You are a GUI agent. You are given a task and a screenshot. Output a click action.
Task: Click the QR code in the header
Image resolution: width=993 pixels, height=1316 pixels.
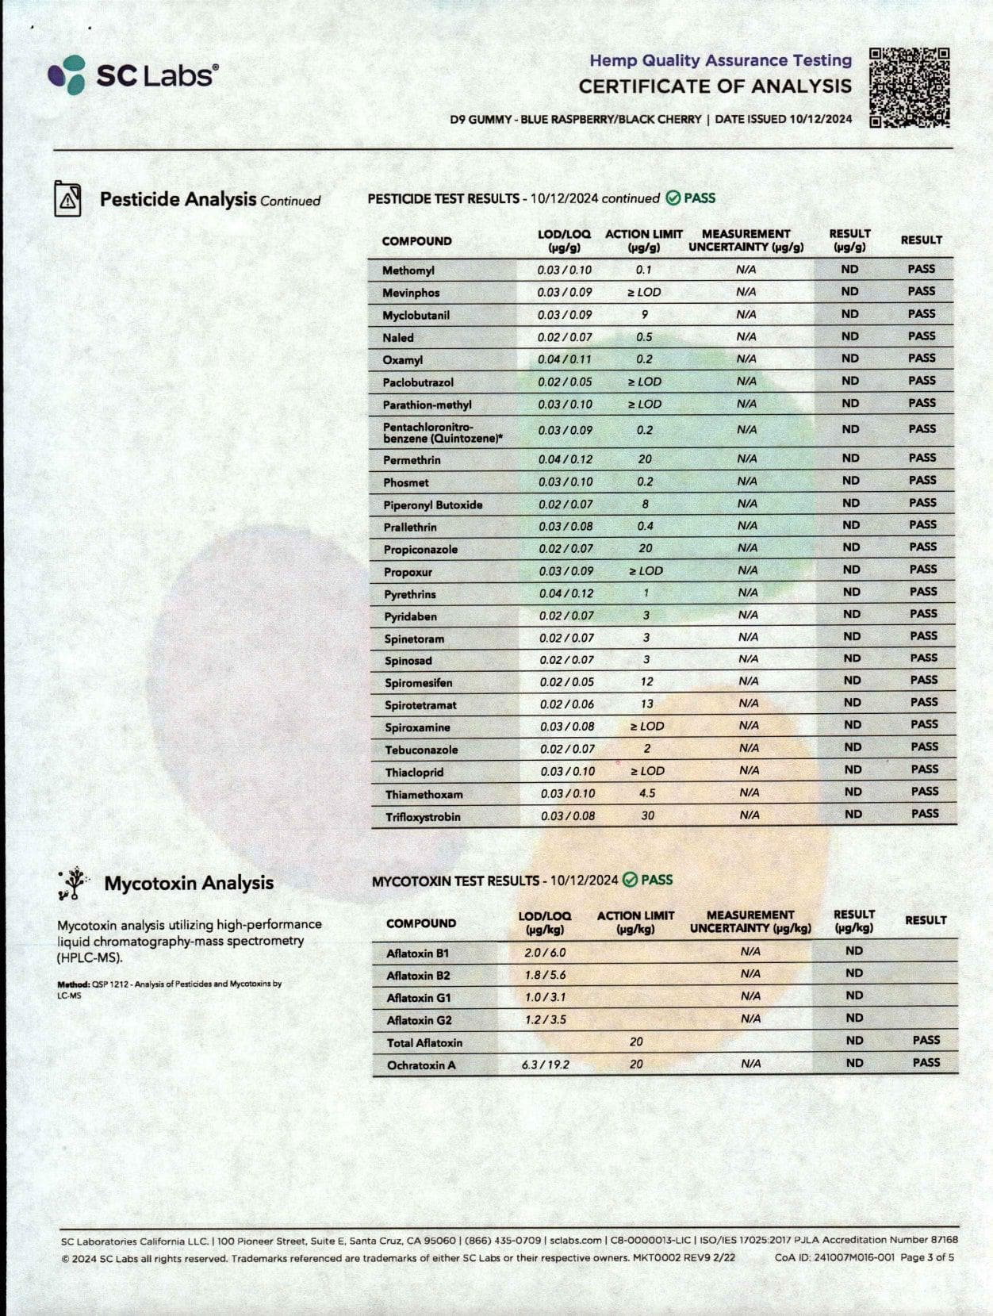pos(910,87)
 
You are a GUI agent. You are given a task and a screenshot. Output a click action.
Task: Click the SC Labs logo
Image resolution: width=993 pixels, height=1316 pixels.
pos(133,75)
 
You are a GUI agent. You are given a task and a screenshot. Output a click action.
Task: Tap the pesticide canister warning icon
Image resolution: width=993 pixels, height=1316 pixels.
pos(67,198)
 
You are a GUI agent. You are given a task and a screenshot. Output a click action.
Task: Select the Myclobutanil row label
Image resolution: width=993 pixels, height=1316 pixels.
pos(416,315)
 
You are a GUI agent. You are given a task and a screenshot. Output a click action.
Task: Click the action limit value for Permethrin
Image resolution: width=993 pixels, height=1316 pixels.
pos(645,459)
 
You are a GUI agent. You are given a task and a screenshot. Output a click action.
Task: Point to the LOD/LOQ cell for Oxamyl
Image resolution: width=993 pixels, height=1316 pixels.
pos(565,359)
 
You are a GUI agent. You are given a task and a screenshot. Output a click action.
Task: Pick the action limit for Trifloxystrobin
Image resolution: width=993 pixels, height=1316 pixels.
pos(647,815)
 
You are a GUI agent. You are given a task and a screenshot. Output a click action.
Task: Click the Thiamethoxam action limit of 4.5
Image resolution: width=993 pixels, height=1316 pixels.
pos(647,793)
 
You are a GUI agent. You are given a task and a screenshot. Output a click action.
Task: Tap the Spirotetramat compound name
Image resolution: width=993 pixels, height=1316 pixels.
pos(420,704)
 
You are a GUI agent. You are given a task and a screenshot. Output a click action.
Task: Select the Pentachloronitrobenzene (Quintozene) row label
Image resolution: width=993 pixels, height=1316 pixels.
pos(443,432)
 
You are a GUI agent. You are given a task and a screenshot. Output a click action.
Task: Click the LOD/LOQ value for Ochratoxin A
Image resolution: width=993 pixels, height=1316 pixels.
pos(545,1065)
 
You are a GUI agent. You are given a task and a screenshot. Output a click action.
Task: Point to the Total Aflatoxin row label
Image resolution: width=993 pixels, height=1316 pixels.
pos(424,1042)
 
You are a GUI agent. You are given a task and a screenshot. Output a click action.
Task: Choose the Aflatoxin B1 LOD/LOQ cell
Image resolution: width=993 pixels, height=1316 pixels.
pos(545,953)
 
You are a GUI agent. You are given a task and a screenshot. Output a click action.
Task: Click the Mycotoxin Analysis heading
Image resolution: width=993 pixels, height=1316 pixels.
pos(189,883)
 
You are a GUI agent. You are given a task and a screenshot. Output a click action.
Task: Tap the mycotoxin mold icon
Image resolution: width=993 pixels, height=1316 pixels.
pos(73,883)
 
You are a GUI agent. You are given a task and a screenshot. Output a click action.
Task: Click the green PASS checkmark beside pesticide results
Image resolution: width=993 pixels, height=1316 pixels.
pos(673,198)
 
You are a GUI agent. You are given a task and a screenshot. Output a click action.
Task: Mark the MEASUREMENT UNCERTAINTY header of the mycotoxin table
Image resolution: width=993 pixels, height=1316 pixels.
pos(750,922)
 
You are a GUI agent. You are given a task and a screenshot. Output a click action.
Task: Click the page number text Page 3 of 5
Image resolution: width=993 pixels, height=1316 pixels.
pos(927,1257)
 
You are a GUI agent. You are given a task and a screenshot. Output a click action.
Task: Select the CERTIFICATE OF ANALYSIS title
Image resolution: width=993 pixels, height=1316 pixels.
pos(715,86)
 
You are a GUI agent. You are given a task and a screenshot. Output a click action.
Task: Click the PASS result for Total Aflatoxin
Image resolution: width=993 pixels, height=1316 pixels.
pos(926,1040)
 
